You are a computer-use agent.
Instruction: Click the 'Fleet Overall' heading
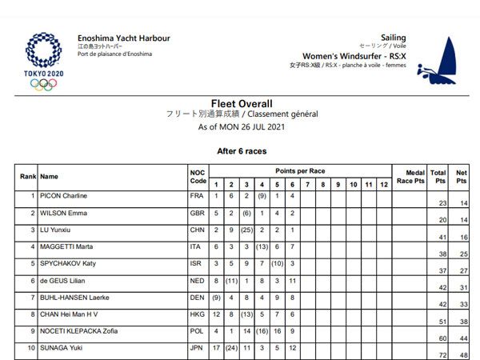pyautogui.click(x=241, y=104)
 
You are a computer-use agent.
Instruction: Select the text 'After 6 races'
pyautogui.click(x=241, y=150)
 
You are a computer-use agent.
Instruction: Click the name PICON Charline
pyautogui.click(x=64, y=196)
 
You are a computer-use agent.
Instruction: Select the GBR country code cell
pyautogui.click(x=198, y=214)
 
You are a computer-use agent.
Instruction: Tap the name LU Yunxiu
pyautogui.click(x=56, y=230)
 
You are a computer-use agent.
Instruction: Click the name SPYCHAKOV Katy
pyautogui.click(x=69, y=264)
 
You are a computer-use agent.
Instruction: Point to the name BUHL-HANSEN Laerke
pyautogui.click(x=75, y=298)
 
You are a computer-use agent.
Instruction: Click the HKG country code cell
pyautogui.click(x=198, y=314)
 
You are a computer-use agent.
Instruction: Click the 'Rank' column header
pyautogui.click(x=28, y=177)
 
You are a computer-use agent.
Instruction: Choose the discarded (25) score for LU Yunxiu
pyautogui.click(x=246, y=230)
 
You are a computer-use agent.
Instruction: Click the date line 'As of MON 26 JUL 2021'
pyautogui.click(x=241, y=126)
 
